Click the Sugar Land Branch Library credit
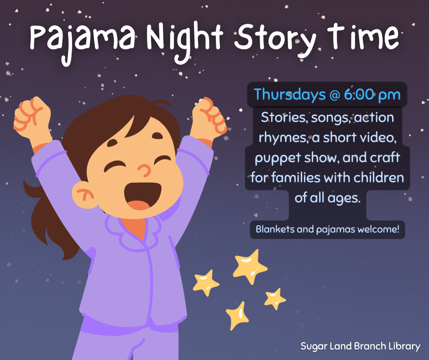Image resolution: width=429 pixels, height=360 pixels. pyautogui.click(x=360, y=346)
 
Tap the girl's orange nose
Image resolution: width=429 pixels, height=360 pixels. pyautogui.click(x=145, y=170)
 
